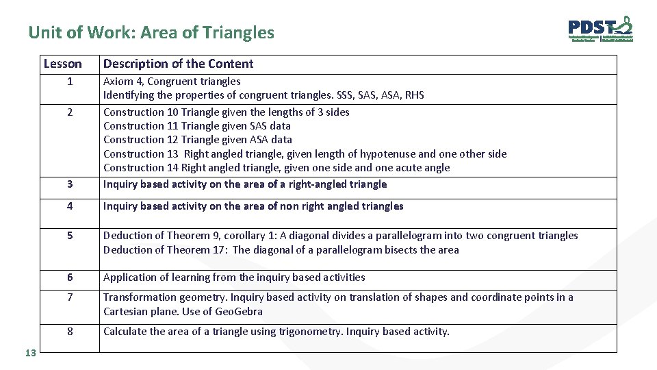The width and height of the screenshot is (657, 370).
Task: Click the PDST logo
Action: tap(600, 29)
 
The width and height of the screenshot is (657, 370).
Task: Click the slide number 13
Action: tap(29, 352)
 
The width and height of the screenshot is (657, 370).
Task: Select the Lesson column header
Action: tap(62, 64)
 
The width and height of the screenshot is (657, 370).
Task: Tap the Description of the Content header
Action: tap(178, 64)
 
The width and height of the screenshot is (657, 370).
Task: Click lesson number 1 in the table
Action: tap(70, 82)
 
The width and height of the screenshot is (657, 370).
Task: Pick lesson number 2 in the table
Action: tap(70, 112)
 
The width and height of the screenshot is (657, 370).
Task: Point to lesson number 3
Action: tap(70, 184)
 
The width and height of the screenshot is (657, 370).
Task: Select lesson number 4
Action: tap(70, 206)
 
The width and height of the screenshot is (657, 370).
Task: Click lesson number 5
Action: tap(70, 236)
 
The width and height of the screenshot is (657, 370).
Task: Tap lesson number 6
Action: tap(70, 277)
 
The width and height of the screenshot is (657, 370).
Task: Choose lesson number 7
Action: tap(70, 297)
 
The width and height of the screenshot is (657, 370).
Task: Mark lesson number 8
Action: tap(70, 332)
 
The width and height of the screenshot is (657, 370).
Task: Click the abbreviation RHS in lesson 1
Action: tap(413, 95)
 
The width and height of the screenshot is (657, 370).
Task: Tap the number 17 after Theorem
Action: tap(219, 249)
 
